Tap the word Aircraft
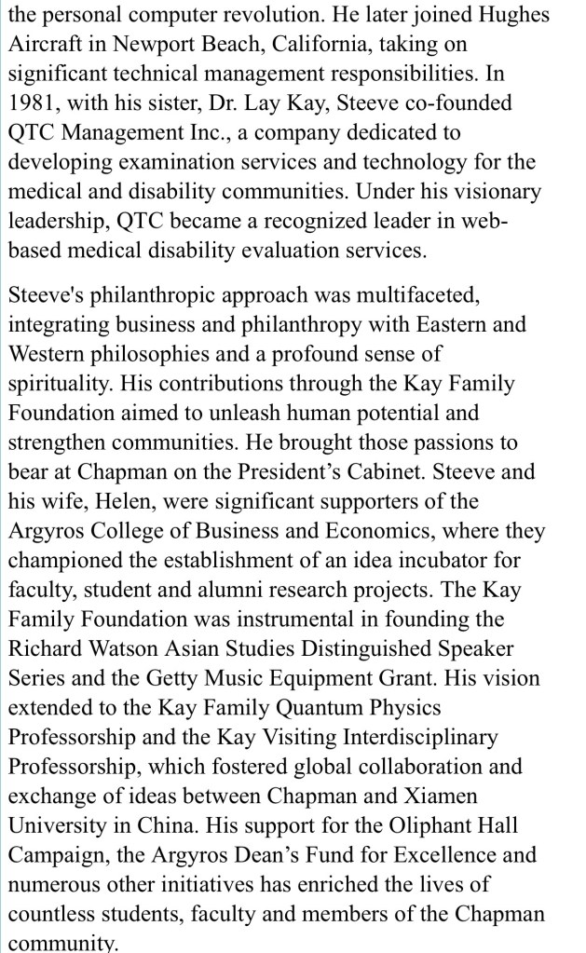coord(42,45)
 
